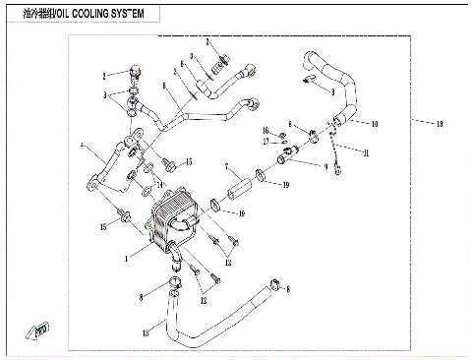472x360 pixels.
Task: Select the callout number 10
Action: tap(375, 125)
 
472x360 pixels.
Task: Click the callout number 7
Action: tap(226, 166)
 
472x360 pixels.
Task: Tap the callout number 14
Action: tap(159, 185)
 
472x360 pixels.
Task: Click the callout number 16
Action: tap(265, 131)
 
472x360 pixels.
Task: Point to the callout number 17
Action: tap(265, 142)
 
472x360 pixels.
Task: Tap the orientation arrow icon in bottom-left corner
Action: tap(41, 329)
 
